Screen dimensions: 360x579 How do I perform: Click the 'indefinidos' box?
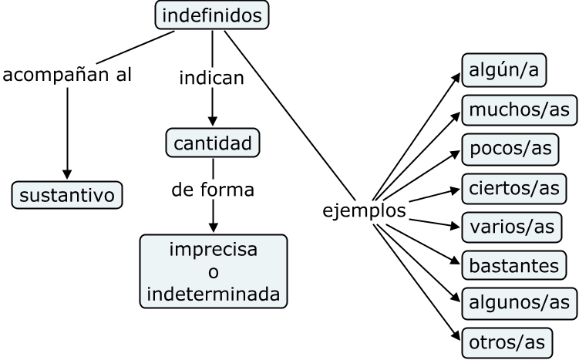[212, 15]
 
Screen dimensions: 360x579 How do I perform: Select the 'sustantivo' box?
[67, 194]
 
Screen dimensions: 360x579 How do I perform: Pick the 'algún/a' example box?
[503, 70]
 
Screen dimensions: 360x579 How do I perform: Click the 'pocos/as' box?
[510, 148]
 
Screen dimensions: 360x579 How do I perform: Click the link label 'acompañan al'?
[67, 76]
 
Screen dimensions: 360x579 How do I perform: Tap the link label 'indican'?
[212, 78]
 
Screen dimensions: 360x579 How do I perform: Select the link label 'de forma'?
[213, 189]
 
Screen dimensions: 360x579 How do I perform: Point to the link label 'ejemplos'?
[364, 210]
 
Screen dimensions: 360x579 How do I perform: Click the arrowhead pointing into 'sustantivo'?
[67, 174]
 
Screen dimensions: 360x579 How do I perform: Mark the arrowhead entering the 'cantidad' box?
[213, 122]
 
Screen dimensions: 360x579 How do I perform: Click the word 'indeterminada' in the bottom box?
[213, 294]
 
